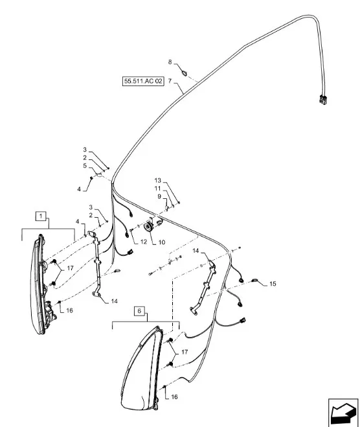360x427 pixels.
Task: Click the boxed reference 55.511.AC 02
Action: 143,81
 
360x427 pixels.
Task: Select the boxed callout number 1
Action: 41,216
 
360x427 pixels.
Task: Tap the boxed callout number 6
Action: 139,311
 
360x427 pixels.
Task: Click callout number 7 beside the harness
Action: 170,81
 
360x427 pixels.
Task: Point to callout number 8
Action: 170,62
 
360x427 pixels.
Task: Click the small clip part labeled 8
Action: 185,73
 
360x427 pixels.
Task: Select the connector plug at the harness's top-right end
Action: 322,99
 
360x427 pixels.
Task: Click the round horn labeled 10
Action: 148,227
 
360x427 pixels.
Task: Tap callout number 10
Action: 162,242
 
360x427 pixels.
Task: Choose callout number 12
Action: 143,242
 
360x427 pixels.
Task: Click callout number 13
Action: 158,180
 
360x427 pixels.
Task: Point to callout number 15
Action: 273,284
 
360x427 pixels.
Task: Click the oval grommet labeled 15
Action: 255,280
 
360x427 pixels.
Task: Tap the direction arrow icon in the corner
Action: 343,412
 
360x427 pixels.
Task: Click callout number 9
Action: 159,196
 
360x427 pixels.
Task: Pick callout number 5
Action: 85,166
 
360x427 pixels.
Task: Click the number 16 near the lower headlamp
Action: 174,397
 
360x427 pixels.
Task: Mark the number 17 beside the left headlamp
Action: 70,268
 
